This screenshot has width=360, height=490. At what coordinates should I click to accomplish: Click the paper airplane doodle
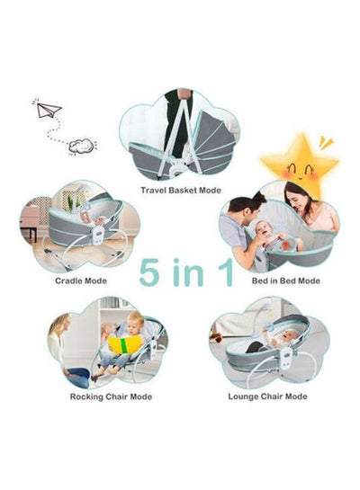[48, 110]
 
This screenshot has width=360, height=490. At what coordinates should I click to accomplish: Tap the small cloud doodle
[81, 146]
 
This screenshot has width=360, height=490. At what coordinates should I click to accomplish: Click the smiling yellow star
[301, 165]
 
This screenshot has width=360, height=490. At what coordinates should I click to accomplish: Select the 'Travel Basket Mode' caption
[181, 190]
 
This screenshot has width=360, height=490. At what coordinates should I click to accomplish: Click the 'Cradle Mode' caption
[81, 281]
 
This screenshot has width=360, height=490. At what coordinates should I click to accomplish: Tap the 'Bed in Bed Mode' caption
[286, 281]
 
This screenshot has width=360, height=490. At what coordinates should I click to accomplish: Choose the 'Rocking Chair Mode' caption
[111, 396]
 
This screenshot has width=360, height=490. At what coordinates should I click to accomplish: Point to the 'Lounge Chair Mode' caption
[267, 396]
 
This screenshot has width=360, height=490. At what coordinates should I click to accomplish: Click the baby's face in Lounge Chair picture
[287, 338]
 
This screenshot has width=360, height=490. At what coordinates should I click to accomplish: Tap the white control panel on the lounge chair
[286, 357]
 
